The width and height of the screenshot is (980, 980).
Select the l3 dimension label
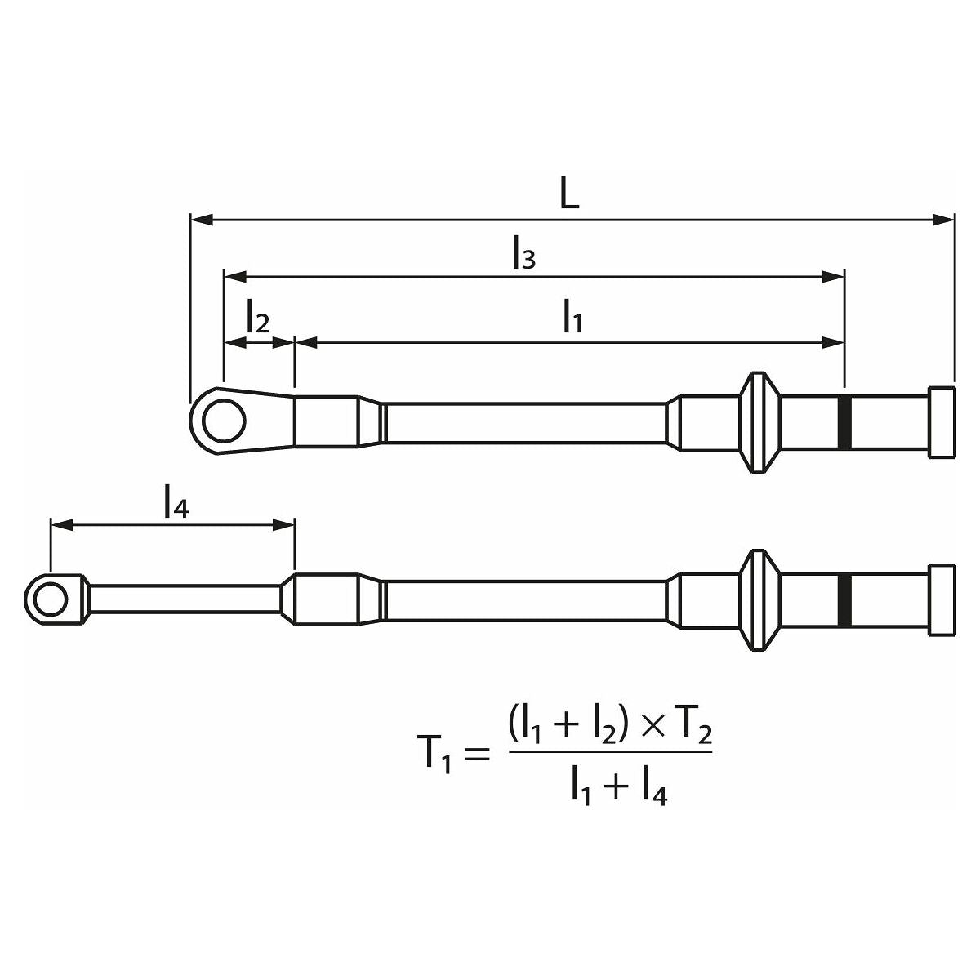click(x=523, y=252)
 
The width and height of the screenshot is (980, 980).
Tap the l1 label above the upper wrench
click(x=572, y=318)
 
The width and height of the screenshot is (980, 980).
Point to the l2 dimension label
click(x=256, y=318)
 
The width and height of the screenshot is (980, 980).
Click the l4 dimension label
click(x=176, y=501)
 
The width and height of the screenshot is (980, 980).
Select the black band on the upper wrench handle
click(x=845, y=422)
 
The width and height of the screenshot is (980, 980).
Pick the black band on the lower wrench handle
click(x=845, y=599)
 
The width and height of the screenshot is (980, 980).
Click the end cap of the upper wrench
click(x=941, y=421)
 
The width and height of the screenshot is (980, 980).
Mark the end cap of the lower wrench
click(x=941, y=599)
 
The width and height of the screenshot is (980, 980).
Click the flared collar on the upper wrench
click(x=759, y=422)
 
